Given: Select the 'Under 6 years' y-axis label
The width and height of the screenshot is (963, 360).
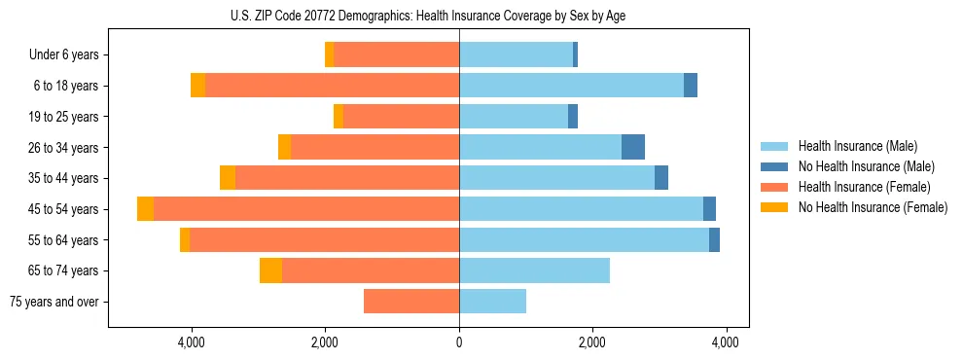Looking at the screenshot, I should [x=70, y=55].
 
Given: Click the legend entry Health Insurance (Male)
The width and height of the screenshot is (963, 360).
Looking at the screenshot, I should [x=858, y=146].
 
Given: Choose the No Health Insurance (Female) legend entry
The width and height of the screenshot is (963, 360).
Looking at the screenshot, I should [x=873, y=207].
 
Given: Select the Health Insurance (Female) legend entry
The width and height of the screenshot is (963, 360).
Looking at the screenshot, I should [x=864, y=187].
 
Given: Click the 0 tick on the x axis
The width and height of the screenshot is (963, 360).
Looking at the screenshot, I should [x=459, y=342].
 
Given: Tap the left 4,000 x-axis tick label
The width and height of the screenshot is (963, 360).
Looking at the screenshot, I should [x=192, y=342].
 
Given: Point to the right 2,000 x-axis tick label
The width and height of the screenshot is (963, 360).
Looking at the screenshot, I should [x=592, y=342].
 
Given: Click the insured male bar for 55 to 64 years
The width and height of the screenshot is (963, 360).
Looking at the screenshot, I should [x=584, y=240].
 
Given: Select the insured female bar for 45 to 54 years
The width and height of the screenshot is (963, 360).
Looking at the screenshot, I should [x=306, y=209].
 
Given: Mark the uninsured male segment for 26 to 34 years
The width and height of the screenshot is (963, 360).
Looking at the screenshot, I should [x=633, y=148].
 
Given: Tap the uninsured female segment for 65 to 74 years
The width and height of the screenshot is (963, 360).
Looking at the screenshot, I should [x=270, y=270].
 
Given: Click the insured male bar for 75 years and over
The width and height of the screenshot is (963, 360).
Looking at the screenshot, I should [x=492, y=302].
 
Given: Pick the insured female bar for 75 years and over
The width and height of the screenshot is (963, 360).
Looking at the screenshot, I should [x=411, y=302].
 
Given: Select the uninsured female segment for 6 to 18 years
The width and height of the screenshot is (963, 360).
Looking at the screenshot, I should [x=198, y=86].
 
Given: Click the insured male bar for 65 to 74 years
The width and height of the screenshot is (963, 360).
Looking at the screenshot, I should [x=534, y=270].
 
